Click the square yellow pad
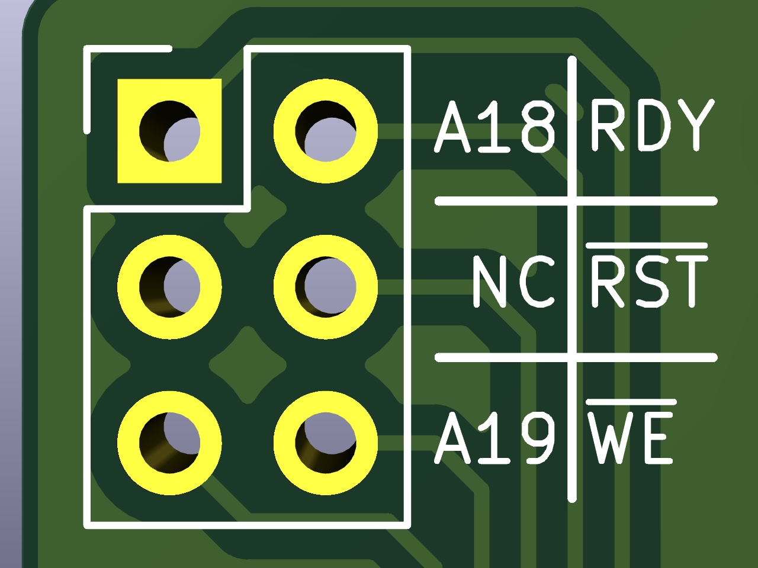[169, 131]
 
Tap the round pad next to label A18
[325, 131]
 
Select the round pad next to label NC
[325, 287]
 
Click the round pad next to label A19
[325, 443]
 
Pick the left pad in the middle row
[169, 287]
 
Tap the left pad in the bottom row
[169, 443]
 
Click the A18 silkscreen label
[495, 127]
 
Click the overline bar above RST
[647, 246]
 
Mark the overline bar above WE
[631, 402]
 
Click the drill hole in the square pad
[169, 131]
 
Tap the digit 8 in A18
[538, 127]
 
